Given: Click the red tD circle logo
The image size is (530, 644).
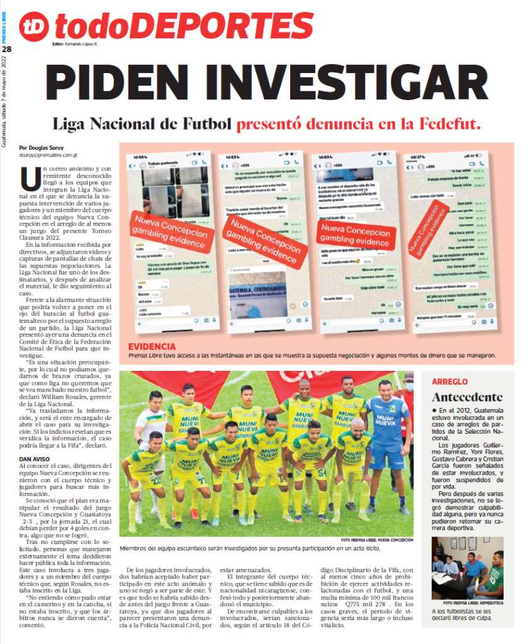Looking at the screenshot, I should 33,26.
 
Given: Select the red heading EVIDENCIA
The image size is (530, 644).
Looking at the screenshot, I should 152,347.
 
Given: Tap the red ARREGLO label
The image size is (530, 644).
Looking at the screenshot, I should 449,381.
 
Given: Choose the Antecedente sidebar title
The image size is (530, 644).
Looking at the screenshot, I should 467,397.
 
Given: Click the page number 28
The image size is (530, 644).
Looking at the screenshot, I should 6,49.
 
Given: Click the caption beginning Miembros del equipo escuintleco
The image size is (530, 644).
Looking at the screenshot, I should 250,548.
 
